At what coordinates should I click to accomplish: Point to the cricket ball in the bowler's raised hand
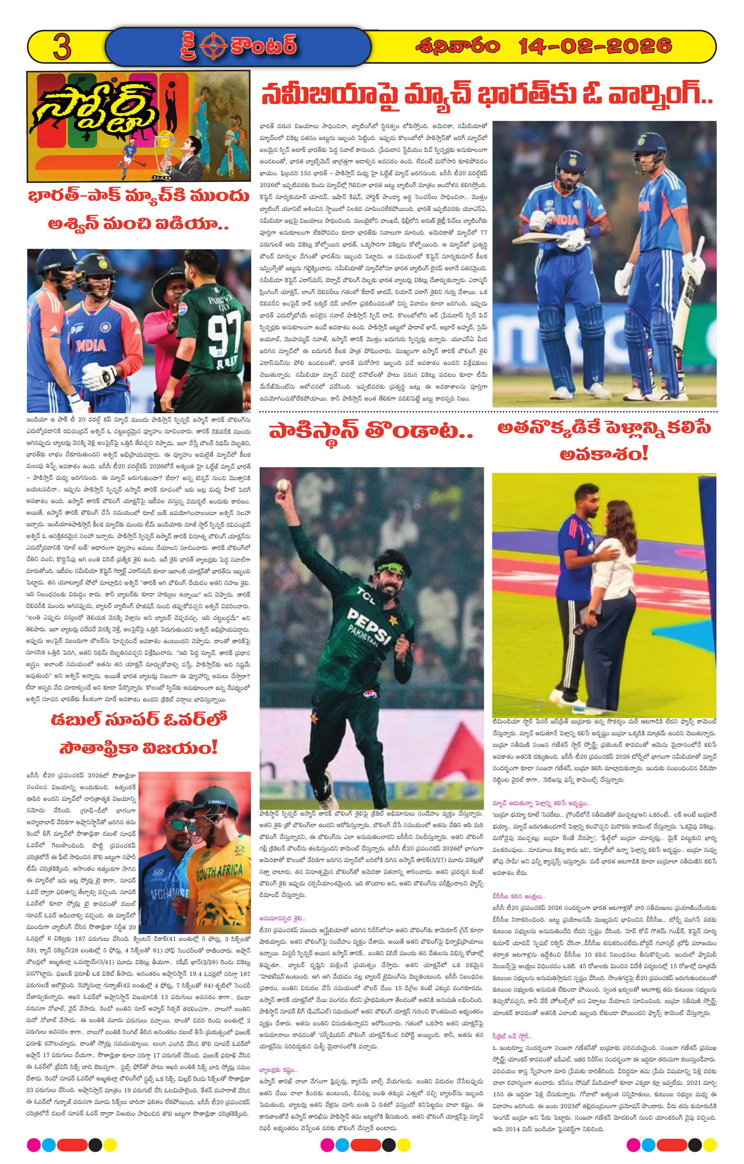pyautogui.click(x=281, y=485)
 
